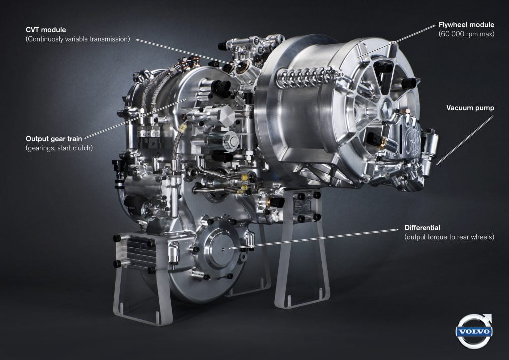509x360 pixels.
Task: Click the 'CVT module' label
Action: coord(46,30)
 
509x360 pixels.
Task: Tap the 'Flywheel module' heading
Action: coord(466,25)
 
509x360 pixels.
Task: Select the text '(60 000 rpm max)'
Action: coord(466,34)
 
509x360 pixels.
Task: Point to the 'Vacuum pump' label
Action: coord(470,108)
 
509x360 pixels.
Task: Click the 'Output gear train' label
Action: coord(54,139)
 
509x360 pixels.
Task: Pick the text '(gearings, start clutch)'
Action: coord(59,148)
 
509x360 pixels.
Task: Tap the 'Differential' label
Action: coord(423,228)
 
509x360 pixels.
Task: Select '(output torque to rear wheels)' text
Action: coord(449,237)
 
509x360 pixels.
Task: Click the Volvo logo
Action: coord(474,331)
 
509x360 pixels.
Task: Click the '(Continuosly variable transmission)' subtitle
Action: coord(78,39)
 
